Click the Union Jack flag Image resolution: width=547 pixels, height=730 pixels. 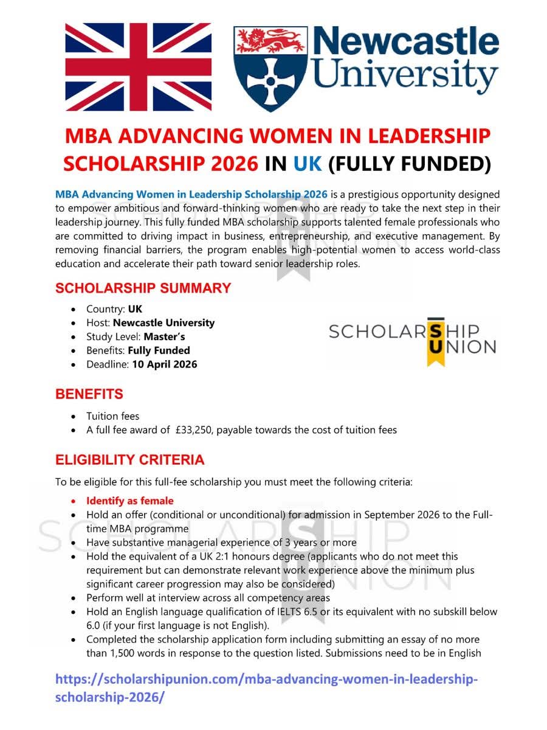(x=139, y=67)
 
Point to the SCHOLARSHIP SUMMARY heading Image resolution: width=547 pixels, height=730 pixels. (x=143, y=288)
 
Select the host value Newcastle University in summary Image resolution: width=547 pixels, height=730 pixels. (x=163, y=323)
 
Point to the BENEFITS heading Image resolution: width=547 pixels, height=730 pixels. (x=89, y=394)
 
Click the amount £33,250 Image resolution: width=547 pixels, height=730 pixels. (x=193, y=430)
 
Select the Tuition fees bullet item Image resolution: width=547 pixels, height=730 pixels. (x=112, y=416)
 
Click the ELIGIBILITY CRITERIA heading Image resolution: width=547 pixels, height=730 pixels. (x=129, y=460)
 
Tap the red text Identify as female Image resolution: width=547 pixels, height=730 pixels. (x=129, y=501)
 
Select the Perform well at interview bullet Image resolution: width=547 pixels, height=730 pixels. (x=208, y=597)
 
